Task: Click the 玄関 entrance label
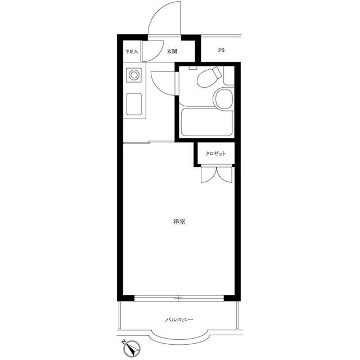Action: (x=172, y=51)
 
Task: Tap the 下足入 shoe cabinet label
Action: (x=132, y=51)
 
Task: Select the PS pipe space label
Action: (x=221, y=50)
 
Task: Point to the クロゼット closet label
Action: (x=215, y=154)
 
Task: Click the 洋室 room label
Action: (x=179, y=222)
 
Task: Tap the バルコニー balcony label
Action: (x=179, y=319)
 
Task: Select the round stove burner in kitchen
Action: (x=134, y=75)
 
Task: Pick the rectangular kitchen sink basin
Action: (x=134, y=104)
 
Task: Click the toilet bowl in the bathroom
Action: (x=209, y=78)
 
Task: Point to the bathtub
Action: (x=207, y=122)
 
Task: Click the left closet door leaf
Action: (x=209, y=174)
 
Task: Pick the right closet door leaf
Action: (x=224, y=174)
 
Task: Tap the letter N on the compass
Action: (x=124, y=341)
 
